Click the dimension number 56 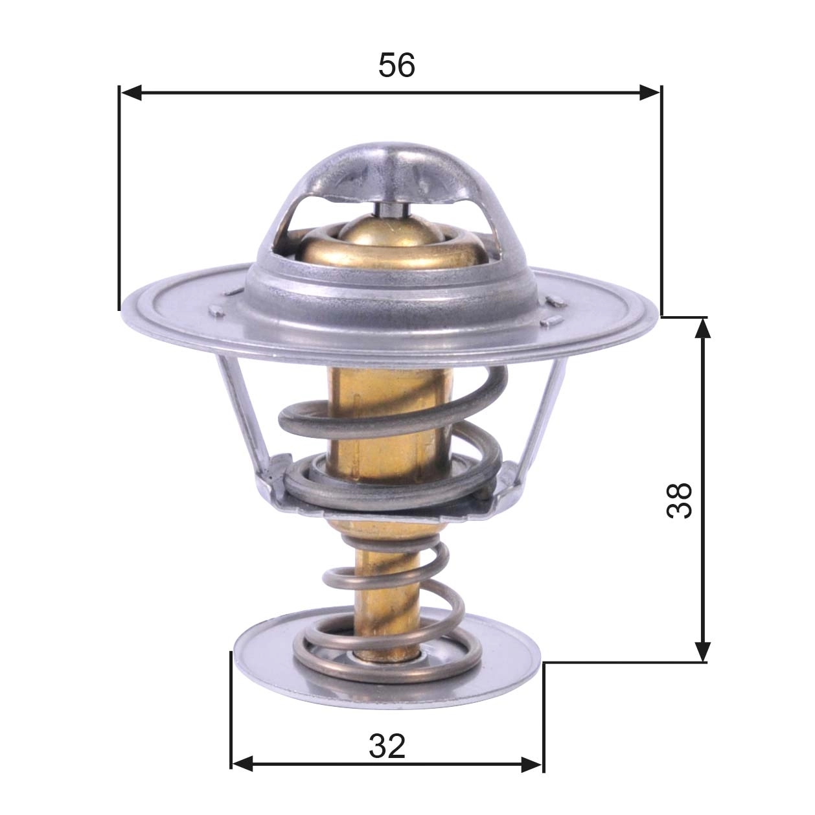tap(396, 65)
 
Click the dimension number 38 tap(679, 499)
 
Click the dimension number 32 tap(387, 747)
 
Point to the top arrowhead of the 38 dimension tap(702, 328)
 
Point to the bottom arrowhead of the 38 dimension tap(702, 651)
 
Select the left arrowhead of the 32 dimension tap(242, 764)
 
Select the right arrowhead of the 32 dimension tap(531, 764)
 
